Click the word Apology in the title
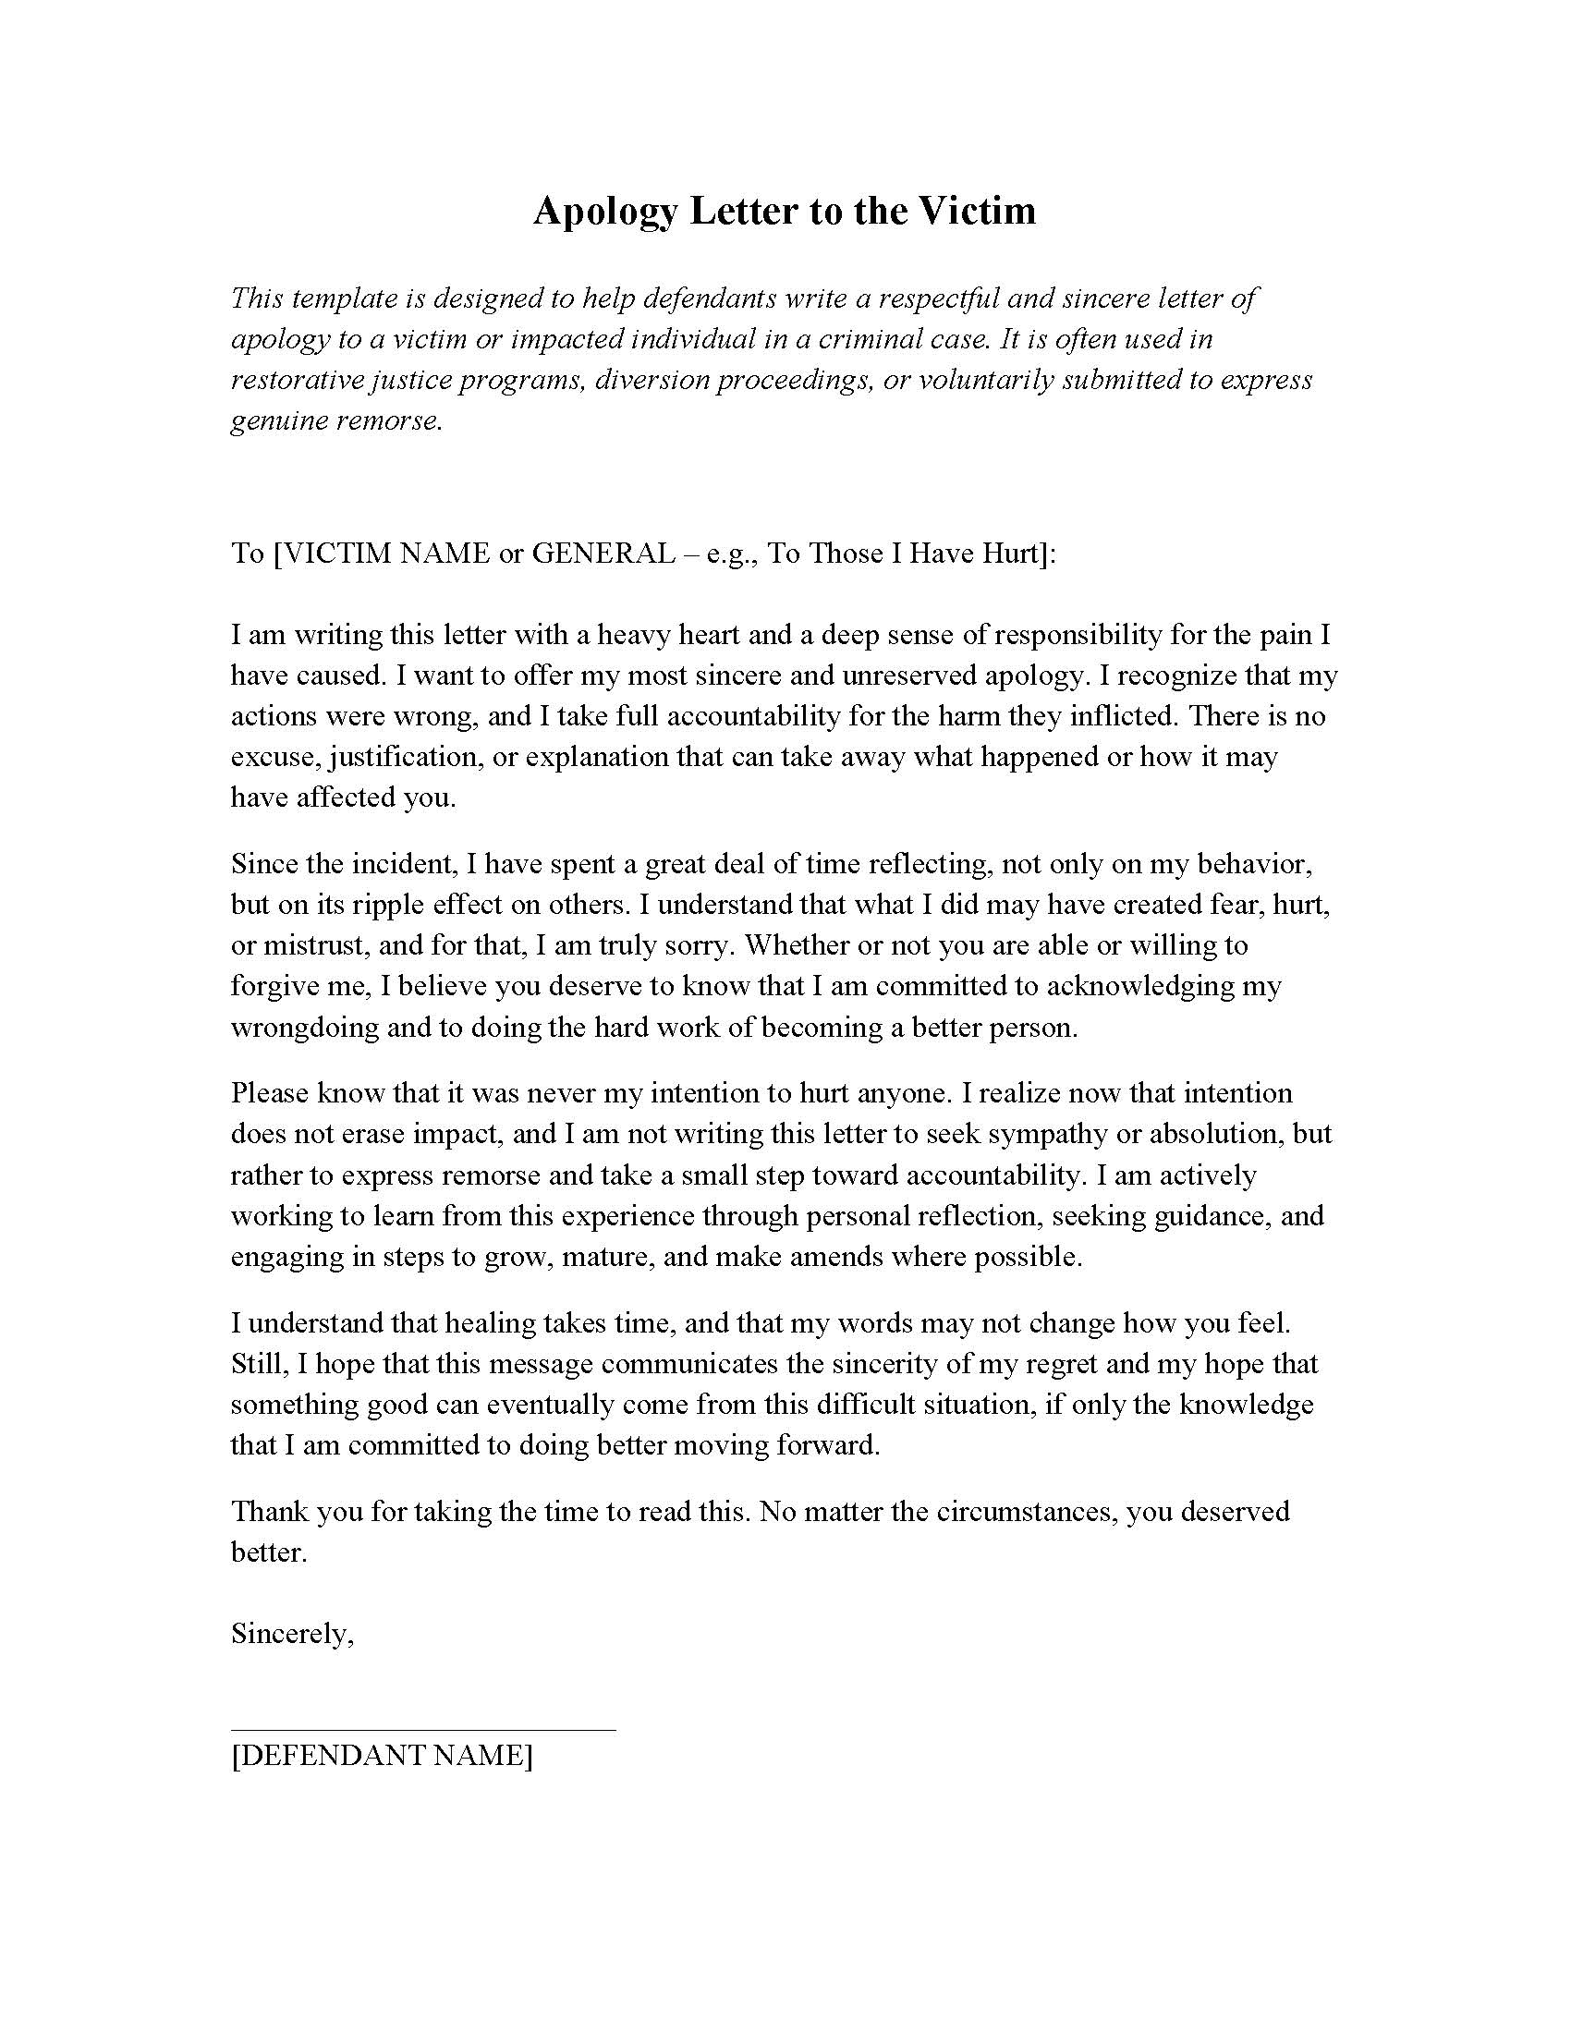click(605, 213)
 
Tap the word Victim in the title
click(978, 211)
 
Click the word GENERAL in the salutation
click(603, 554)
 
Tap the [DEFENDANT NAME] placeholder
click(382, 1756)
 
